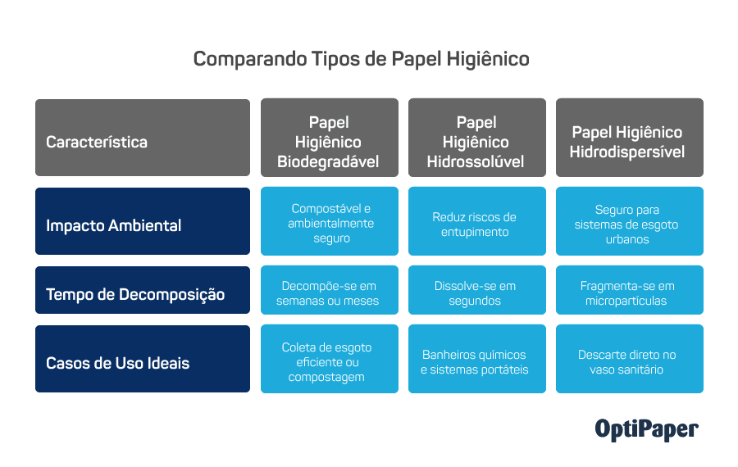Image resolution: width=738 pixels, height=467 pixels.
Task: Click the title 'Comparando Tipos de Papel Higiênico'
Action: (x=361, y=59)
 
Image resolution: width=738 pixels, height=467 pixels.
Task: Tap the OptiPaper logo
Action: (x=646, y=429)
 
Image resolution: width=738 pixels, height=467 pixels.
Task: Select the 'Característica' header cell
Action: (x=143, y=138)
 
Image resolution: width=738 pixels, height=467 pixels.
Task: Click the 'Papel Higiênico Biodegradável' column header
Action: (x=330, y=138)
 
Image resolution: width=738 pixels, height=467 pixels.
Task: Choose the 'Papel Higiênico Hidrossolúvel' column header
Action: (x=476, y=138)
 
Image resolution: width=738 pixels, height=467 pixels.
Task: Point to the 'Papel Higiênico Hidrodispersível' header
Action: (x=629, y=138)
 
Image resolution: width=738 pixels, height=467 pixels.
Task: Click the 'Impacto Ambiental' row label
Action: (x=143, y=221)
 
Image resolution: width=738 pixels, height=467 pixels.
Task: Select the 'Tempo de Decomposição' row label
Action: (x=143, y=290)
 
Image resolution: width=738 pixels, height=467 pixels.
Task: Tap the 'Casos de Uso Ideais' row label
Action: (x=143, y=359)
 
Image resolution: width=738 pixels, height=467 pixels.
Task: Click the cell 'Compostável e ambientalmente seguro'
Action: (x=330, y=221)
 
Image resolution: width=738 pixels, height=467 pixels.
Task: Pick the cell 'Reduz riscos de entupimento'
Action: (x=476, y=221)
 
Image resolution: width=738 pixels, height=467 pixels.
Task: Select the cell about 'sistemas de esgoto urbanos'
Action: (x=629, y=221)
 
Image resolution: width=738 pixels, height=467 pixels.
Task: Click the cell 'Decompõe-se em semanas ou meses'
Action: (x=330, y=290)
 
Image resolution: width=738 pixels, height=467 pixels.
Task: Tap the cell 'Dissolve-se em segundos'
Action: (x=476, y=290)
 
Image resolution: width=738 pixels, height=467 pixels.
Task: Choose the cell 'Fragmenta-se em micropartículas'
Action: (x=629, y=290)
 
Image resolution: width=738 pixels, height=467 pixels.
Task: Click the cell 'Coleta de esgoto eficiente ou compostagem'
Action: (x=330, y=359)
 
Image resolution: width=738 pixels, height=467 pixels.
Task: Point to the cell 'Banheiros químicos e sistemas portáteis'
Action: (x=476, y=359)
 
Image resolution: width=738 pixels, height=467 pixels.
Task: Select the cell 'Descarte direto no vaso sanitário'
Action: (x=629, y=359)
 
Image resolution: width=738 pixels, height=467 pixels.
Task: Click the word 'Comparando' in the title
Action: (x=250, y=60)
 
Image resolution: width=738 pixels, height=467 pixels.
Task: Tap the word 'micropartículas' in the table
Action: (x=626, y=301)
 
